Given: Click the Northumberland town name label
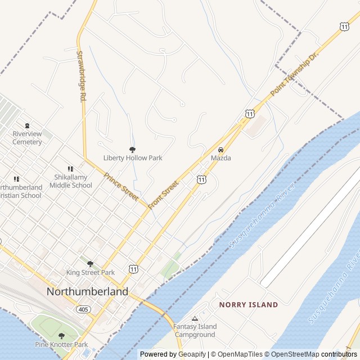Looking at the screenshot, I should click(87, 291).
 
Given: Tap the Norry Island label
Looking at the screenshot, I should click(249, 305).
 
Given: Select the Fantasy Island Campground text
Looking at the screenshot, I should click(195, 331).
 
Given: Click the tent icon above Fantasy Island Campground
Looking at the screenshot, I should click(195, 318).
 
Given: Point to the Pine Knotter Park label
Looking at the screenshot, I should click(61, 344).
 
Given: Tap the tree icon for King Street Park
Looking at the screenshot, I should click(90, 263).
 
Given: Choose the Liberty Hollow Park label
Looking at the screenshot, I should click(133, 158).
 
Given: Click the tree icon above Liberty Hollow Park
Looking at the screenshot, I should click(133, 150).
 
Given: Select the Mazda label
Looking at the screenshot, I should click(221, 158).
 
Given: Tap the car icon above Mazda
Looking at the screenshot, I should click(221, 150).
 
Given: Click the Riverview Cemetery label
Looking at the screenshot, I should click(27, 138).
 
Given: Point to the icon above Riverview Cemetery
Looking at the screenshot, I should click(27, 125).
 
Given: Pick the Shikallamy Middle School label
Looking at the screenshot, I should click(70, 181).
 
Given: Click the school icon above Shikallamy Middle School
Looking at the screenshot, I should click(70, 169).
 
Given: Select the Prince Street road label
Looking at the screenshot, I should click(121, 187).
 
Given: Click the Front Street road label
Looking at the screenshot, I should click(163, 195).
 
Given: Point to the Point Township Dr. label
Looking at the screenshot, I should click(294, 74).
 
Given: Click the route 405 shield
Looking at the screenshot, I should click(83, 309).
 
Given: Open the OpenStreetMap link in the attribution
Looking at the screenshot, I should click(292, 354).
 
